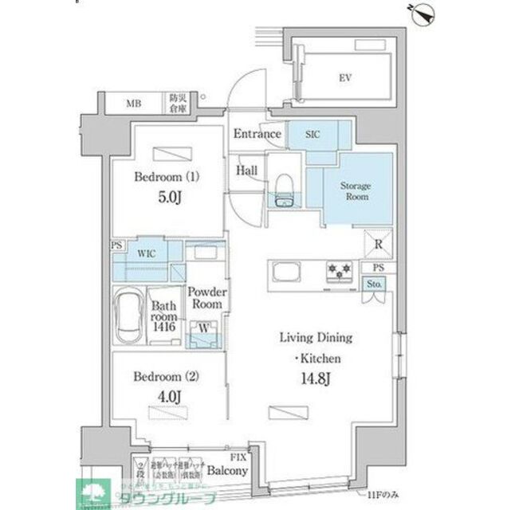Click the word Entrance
point(257,134)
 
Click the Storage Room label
point(356,190)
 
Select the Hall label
point(245,169)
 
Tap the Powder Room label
point(207,298)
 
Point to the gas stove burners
point(339,273)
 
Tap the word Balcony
point(228,470)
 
